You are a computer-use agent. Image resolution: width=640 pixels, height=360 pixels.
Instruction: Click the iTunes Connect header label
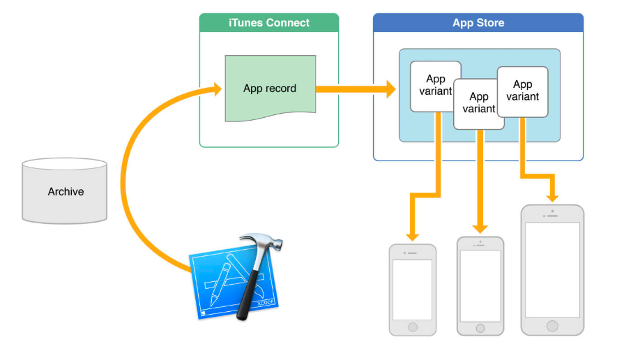269,22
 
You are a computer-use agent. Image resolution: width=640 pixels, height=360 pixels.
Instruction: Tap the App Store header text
478,22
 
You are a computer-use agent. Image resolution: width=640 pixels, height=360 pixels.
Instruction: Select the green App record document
270,88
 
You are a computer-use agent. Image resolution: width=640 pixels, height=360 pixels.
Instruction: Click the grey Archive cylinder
65,191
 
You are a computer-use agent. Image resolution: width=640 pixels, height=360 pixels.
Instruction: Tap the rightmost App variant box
523,91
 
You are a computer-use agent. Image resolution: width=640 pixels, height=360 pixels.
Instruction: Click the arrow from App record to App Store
356,89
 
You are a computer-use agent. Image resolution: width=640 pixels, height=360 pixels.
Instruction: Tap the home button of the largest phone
553,326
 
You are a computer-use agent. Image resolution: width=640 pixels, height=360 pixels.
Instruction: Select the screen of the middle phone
480,285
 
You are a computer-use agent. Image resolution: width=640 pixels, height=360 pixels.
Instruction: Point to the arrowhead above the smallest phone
412,233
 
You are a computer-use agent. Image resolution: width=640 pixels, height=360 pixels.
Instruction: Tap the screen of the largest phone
552,269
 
